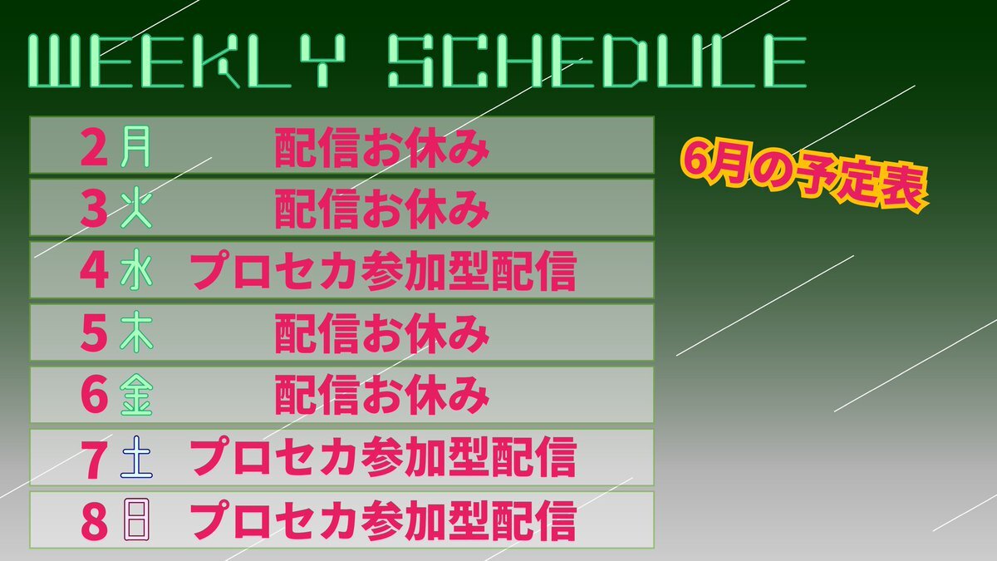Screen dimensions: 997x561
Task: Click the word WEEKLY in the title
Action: [x=187, y=61]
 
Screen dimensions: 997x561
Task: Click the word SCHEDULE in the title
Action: [x=597, y=61]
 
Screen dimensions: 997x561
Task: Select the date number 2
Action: [x=94, y=146]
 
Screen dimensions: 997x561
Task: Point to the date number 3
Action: [x=94, y=209]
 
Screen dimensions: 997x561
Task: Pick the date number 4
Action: [x=94, y=271]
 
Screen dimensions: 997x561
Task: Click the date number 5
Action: [x=94, y=333]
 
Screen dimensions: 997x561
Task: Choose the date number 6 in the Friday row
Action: [x=94, y=396]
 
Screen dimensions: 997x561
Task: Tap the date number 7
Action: [x=94, y=459]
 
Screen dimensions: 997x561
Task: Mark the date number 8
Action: [x=94, y=521]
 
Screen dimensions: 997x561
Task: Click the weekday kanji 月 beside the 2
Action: [x=135, y=146]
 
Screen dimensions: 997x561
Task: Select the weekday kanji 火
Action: [x=136, y=209]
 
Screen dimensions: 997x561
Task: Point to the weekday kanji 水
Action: [x=136, y=270]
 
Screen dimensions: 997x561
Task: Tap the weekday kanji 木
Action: [x=136, y=332]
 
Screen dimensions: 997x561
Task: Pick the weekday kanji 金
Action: [x=136, y=395]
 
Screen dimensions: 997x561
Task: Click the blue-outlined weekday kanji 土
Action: [x=136, y=457]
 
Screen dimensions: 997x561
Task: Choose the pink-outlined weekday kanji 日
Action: [x=136, y=520]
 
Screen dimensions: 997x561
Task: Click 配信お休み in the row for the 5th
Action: [x=382, y=333]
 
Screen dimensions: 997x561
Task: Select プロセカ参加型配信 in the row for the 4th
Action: [x=383, y=271]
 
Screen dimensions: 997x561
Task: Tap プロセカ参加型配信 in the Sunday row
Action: [x=383, y=520]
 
